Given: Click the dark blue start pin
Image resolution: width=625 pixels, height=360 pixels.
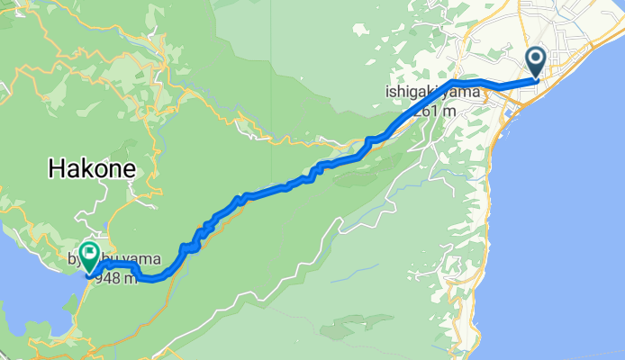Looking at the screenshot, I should (x=536, y=61).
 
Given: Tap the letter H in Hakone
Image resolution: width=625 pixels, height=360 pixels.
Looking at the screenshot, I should (x=58, y=167).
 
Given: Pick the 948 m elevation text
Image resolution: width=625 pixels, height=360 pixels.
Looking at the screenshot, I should (x=122, y=277).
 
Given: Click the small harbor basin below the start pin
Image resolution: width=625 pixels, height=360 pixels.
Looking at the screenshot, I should (x=512, y=113).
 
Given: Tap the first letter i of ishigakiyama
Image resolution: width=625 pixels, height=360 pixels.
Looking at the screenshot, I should (x=387, y=91).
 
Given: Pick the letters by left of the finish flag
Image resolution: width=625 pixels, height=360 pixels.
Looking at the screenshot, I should (x=75, y=259).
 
